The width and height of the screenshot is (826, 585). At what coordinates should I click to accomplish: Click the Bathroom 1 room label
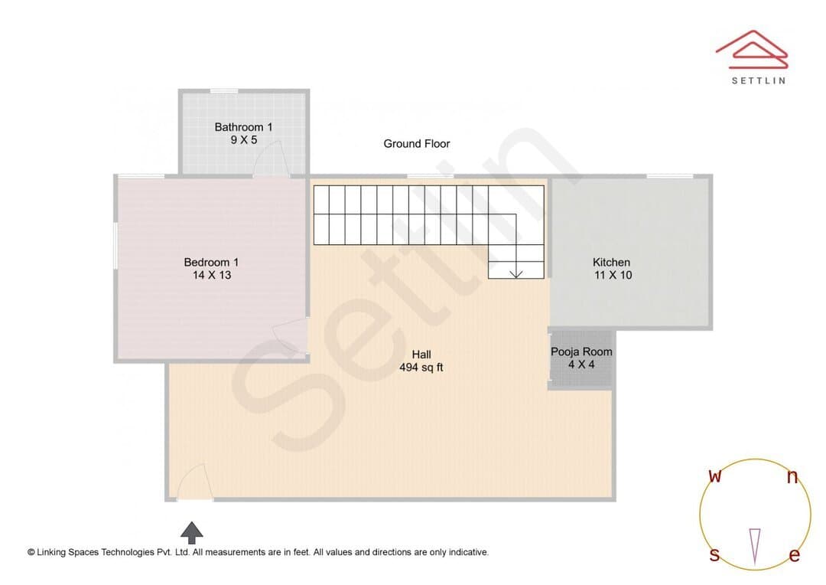pos(243,127)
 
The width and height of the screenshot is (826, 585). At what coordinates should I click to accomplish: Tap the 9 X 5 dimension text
pos(244,140)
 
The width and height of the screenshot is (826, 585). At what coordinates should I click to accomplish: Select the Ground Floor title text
pos(417,143)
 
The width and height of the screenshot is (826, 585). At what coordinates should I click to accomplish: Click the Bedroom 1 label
pos(211,262)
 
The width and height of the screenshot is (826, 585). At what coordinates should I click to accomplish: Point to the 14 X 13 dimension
pos(212,275)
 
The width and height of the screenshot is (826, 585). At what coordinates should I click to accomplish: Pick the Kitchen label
pos(611,262)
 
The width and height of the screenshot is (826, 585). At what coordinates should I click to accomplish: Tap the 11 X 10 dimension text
pos(613,275)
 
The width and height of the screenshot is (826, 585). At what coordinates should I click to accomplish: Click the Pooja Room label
pos(581,352)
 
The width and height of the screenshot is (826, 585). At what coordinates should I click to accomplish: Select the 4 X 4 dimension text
pos(581,364)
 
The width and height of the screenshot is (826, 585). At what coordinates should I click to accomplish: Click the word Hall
pos(421,355)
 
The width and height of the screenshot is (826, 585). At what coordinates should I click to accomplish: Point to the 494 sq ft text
pos(421,367)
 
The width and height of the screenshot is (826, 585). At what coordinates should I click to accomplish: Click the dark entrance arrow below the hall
pos(192,533)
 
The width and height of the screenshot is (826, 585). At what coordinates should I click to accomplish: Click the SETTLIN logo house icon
pos(752,50)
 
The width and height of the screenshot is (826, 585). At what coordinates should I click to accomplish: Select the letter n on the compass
pos(792,477)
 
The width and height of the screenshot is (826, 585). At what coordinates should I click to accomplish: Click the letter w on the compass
pos(715,476)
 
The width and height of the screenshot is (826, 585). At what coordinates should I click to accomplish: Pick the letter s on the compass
pos(714,555)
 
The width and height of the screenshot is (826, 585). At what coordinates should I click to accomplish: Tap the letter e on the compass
pos(795,555)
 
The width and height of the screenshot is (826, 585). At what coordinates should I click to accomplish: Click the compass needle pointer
pos(755,547)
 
